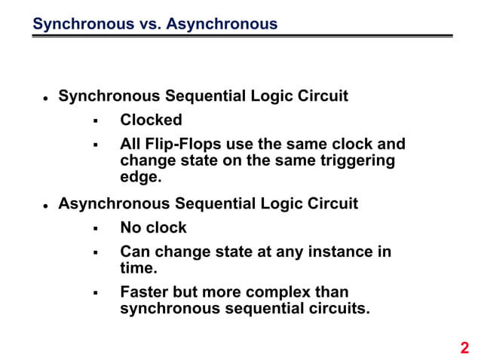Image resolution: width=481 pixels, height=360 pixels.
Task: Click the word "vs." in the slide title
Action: [148, 24]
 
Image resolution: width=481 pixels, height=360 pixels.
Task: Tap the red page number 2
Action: [464, 347]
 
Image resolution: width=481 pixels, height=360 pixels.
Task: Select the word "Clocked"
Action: [151, 121]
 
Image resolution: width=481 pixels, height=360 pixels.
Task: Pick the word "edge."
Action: [141, 177]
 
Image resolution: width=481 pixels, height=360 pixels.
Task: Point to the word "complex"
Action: [279, 292]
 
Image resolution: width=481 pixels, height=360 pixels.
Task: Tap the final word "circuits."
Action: [338, 309]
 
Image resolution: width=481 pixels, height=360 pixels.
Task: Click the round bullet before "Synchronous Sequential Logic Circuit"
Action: [46, 99]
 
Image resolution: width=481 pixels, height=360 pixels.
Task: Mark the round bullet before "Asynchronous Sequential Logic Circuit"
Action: [46, 206]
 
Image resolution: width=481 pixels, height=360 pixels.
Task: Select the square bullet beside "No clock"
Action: [95, 228]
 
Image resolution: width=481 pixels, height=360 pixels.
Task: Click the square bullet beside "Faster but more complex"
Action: [95, 293]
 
